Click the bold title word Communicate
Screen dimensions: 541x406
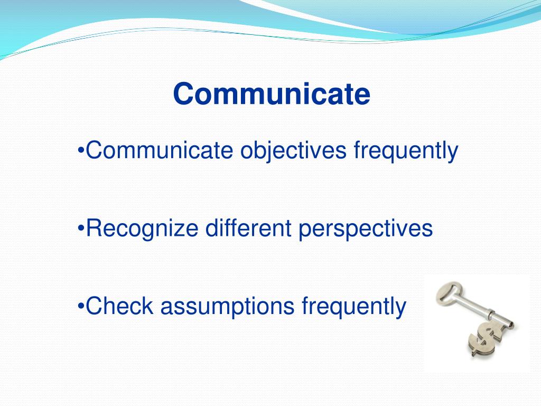click(272, 94)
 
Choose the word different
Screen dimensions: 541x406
click(248, 228)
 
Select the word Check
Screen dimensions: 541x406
click(119, 306)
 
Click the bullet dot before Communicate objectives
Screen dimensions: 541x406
click(81, 151)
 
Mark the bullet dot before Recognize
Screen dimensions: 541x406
click(81, 228)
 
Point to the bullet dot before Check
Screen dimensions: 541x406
click(81, 306)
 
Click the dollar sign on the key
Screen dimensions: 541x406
click(485, 339)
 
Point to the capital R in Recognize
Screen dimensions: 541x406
click(94, 228)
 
